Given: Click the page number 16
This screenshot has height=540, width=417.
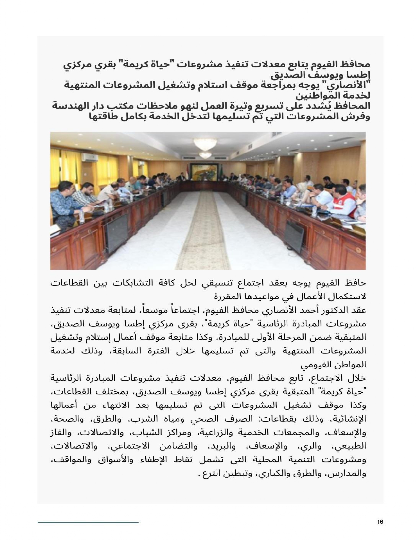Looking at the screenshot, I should click(380, 522).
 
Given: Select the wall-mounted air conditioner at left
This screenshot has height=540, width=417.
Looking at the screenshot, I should click(90, 157).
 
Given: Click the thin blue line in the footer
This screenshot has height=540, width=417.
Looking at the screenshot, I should click(88, 522).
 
